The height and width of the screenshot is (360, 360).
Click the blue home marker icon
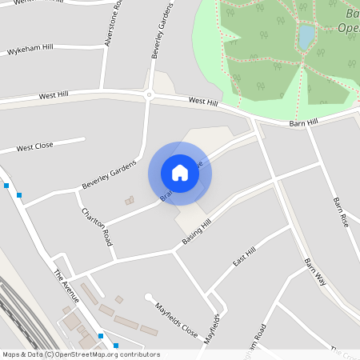tap(180, 172)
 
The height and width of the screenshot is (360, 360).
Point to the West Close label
tap(34, 147)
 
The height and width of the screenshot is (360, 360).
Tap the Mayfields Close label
tap(176, 318)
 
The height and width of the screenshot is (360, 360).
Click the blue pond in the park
tap(306, 37)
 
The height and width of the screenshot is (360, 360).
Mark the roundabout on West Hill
tap(148, 94)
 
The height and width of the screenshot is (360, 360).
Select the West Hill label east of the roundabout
tap(202, 102)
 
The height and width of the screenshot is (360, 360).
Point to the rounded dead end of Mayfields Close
tap(149, 298)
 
